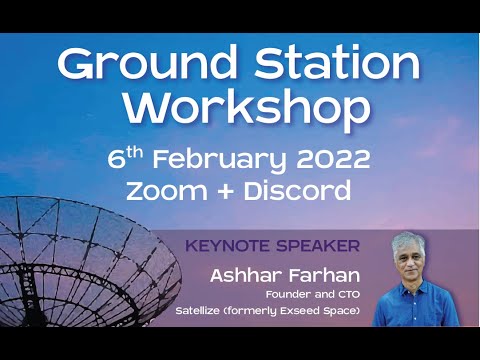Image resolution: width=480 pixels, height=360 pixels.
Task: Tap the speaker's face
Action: point(410,258)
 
